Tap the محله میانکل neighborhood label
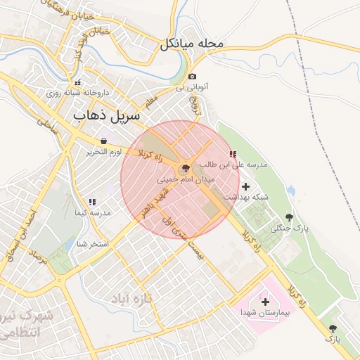pos(191,44)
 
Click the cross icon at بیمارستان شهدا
pos(265,301)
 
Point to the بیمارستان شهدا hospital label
pos(264,311)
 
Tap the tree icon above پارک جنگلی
pos(289,217)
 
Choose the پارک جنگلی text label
pos(290,229)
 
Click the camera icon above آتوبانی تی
pos(192,77)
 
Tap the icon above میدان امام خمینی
pos(186,169)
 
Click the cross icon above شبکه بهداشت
pos(245,186)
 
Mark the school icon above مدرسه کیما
pos(92,202)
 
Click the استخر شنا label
pos(93,244)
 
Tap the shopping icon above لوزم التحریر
pos(104,141)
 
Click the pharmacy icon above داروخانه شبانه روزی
pos(79,82)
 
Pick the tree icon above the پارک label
pos(332,328)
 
